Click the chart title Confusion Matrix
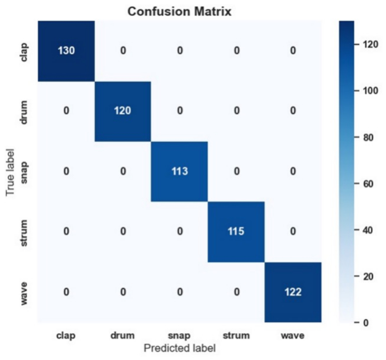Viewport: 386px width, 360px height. point(179,12)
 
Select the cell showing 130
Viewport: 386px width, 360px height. point(66,51)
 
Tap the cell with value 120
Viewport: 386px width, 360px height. point(123,111)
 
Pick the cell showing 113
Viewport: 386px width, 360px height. point(179,172)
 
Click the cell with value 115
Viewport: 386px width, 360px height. point(236,232)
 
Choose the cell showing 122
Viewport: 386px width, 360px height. point(293,292)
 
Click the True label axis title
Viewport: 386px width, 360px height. point(10,172)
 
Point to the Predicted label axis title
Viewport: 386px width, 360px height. point(179,348)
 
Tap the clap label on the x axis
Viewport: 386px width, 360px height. point(66,335)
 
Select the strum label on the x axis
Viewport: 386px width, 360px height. point(236,335)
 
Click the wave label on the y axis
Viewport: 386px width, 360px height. point(23,294)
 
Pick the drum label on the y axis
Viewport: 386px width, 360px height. point(23,112)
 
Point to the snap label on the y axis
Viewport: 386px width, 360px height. point(24,173)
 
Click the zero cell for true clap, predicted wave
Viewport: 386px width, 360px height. point(293,51)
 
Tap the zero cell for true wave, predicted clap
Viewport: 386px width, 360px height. point(66,292)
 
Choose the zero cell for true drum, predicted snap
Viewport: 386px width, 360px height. point(179,111)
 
